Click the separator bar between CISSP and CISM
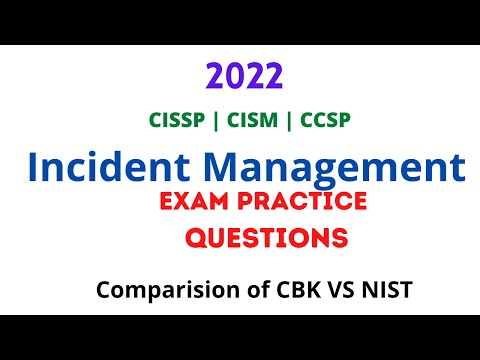tap(219, 120)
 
